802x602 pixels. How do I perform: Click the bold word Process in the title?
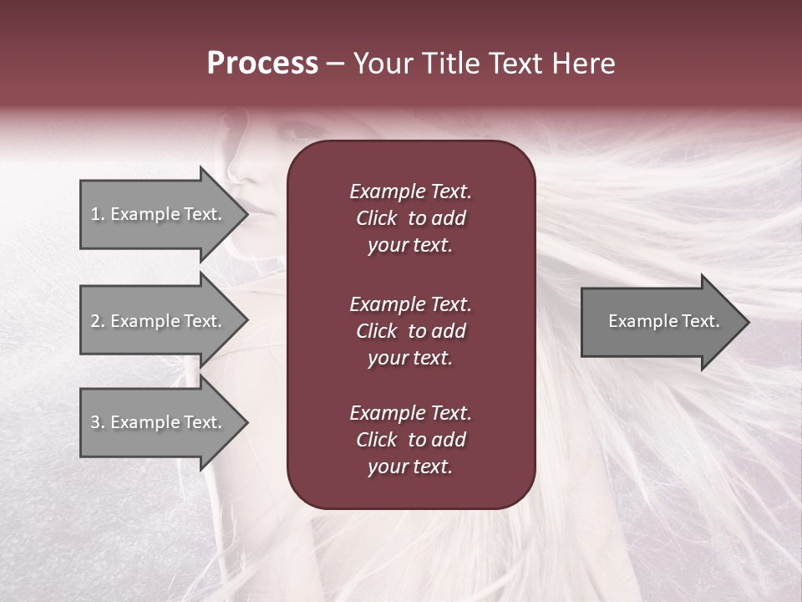coord(262,64)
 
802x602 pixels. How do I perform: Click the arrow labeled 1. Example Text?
coord(159,214)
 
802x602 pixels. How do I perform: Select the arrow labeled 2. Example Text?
coord(159,321)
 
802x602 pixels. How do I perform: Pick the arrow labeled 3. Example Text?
coord(159,422)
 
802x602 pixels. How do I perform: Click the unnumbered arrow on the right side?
coord(660,321)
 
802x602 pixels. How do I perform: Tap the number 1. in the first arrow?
coord(98,214)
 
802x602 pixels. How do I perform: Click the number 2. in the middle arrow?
coord(98,321)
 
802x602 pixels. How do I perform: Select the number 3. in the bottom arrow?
coord(98,422)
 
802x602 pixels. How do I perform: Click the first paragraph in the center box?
coord(410,218)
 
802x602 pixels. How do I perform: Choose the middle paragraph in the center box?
coord(410,331)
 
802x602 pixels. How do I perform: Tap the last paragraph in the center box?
coord(410,440)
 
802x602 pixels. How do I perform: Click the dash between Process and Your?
coord(335,64)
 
